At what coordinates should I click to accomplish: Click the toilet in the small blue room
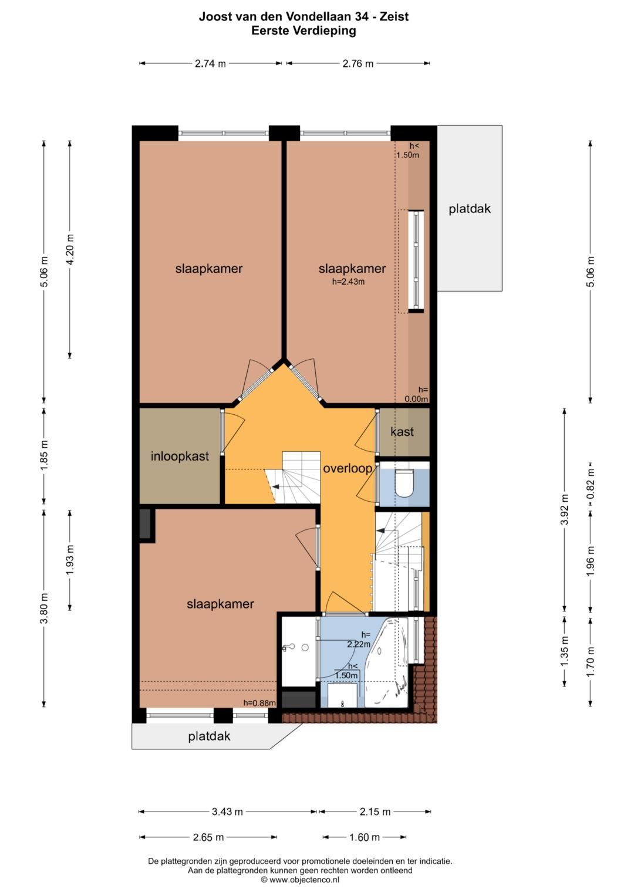(403, 483)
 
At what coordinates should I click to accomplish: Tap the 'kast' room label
(402, 432)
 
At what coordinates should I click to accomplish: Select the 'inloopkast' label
(180, 456)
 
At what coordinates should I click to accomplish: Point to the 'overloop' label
(348, 468)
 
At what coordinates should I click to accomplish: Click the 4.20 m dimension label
(70, 249)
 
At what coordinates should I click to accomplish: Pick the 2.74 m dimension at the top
(210, 63)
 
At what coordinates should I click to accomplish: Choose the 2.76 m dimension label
(358, 63)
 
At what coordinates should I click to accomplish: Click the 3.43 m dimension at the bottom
(227, 812)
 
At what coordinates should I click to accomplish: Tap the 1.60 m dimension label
(364, 837)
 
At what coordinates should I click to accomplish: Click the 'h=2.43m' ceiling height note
(348, 281)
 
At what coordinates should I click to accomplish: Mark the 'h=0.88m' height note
(259, 703)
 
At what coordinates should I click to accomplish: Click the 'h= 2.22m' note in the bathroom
(359, 639)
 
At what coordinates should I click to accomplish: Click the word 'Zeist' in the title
(394, 16)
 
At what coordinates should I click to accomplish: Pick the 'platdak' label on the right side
(470, 208)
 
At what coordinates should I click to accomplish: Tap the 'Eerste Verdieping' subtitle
(304, 31)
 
